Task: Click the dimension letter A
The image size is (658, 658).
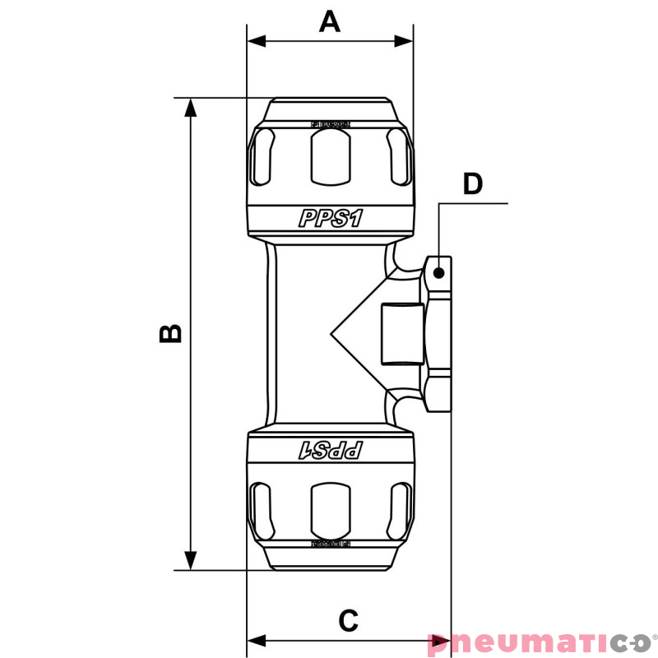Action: click(x=330, y=21)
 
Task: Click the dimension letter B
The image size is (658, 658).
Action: click(x=170, y=332)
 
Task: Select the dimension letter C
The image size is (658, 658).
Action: click(x=349, y=621)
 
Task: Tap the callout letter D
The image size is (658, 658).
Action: click(x=472, y=184)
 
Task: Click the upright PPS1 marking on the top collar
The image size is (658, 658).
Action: click(x=331, y=218)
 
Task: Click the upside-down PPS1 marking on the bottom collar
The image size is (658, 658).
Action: click(x=331, y=450)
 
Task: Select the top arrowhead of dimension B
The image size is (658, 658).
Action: click(x=191, y=108)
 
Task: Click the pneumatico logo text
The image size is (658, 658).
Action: click(x=539, y=642)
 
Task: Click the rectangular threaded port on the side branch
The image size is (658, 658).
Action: click(x=401, y=334)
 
